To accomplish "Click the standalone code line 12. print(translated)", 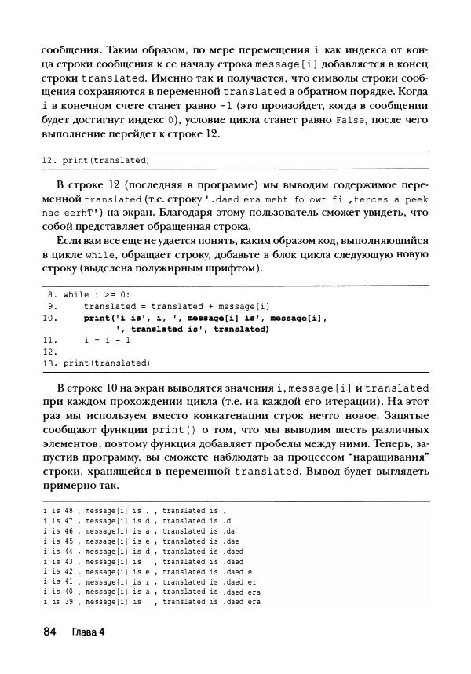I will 95,160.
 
